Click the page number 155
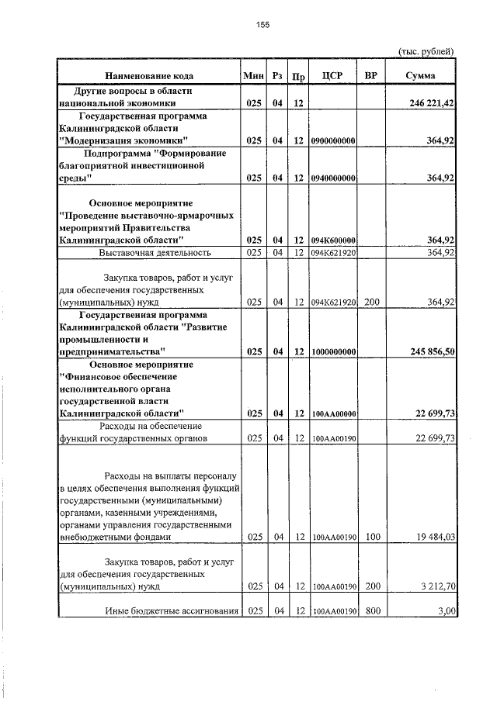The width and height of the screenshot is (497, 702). [x=262, y=25]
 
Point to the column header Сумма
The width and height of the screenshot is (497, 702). [x=420, y=76]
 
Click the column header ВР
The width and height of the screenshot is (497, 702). [x=371, y=76]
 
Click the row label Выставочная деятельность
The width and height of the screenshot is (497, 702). [x=155, y=252]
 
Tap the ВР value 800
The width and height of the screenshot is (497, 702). [x=371, y=612]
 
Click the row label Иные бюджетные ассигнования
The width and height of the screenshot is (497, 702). [x=172, y=612]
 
